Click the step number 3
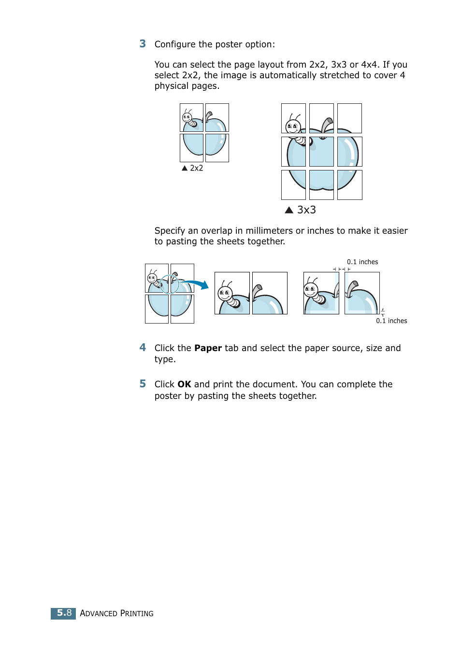(x=143, y=44)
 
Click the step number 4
(x=143, y=348)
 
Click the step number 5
(x=143, y=384)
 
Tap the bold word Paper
(x=208, y=348)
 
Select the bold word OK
(x=184, y=384)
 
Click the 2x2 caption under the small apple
(x=196, y=168)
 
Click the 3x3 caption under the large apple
(x=306, y=210)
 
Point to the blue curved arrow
(x=196, y=283)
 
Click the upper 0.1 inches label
(x=362, y=262)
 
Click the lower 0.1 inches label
(x=391, y=321)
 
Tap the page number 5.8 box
(x=63, y=613)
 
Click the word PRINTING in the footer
(x=137, y=613)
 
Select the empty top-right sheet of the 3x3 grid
(x=349, y=118)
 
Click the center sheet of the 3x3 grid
(x=321, y=152)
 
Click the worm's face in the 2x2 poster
(x=187, y=117)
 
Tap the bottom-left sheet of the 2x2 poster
(x=191, y=148)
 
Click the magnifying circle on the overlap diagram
(x=170, y=284)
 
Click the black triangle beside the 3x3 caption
(x=289, y=210)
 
